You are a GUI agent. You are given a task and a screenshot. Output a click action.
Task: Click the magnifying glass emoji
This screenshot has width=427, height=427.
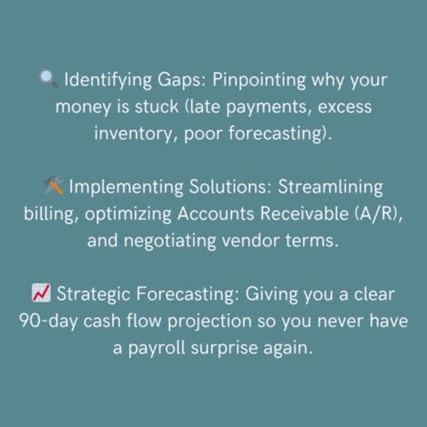click(x=49, y=80)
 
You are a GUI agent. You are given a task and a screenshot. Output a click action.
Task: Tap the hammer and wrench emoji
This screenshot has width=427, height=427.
click(x=52, y=187)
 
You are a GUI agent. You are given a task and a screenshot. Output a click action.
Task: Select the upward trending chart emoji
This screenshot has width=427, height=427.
click(x=41, y=294)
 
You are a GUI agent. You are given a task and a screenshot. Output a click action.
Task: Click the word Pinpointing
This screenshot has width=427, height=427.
click(x=261, y=81)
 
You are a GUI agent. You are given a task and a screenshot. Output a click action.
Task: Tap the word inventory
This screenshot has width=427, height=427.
click(x=135, y=134)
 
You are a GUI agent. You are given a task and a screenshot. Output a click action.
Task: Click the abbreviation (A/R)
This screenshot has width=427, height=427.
click(x=376, y=214)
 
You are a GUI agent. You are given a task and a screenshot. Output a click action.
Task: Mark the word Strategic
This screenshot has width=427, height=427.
click(x=92, y=294)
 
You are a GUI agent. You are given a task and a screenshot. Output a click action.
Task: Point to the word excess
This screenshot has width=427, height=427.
click(x=342, y=108)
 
